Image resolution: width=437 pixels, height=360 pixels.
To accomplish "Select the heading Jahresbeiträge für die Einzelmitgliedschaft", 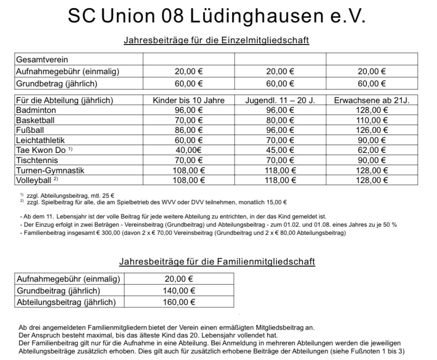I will [216, 41].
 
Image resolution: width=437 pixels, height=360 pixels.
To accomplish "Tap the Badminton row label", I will [36, 111].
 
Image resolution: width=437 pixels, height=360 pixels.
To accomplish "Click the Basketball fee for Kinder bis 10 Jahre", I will [189, 120].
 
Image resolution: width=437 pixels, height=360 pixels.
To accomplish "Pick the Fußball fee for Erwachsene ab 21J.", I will [371, 130].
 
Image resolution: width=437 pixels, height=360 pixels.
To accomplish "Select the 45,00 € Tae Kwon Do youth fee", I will [280, 150].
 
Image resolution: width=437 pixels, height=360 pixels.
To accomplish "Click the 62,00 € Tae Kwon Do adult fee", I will [371, 150].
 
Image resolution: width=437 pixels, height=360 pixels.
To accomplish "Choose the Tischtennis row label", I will [37, 160].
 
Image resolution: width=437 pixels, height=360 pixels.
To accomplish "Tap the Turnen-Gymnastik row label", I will [50, 170].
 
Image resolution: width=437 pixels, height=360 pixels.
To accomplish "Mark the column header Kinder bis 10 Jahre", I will [189, 101].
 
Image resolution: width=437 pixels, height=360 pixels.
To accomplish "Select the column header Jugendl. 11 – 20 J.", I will [280, 101].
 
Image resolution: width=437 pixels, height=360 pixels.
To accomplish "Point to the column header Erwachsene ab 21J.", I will [371, 101].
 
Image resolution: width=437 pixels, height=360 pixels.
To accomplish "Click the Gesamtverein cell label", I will [42, 60].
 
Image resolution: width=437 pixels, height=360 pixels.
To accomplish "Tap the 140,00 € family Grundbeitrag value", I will [180, 291].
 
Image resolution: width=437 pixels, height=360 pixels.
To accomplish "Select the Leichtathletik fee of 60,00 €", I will [189, 140].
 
